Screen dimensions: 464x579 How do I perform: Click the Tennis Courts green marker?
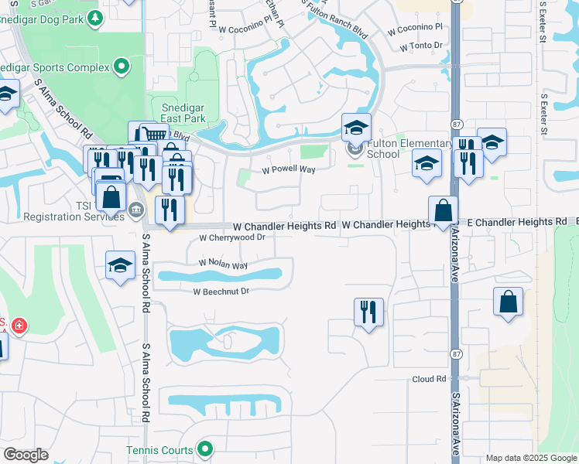pos(205,449)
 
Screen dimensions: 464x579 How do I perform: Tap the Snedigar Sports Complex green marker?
pos(121,67)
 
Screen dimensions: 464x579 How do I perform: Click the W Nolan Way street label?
pos(223,264)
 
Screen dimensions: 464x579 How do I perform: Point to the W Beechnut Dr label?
pos(221,292)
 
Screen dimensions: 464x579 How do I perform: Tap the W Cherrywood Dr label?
pos(232,238)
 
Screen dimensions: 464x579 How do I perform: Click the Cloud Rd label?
pos(430,379)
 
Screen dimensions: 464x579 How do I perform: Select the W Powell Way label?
pos(289,169)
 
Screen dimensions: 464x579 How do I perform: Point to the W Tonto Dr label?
pos(421,47)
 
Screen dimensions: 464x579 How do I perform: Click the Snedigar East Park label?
pos(183,114)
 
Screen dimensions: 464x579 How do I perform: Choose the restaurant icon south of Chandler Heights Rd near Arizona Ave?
pos(368,312)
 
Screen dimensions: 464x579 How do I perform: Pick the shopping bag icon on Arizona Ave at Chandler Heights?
pos(444,210)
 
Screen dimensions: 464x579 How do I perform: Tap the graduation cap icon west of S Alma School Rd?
pos(120,265)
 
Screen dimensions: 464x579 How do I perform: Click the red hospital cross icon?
pos(19,326)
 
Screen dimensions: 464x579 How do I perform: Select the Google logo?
pos(26,455)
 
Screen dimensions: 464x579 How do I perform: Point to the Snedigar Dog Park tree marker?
pos(94,17)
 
